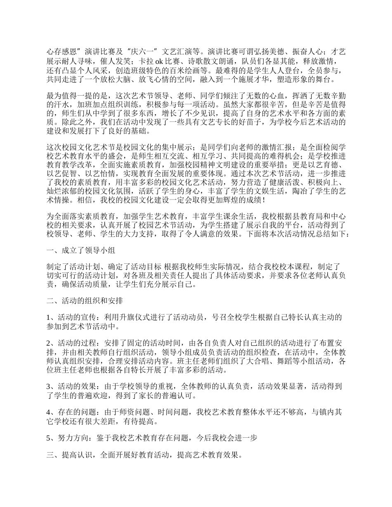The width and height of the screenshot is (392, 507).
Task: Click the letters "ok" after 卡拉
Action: [x=159, y=61]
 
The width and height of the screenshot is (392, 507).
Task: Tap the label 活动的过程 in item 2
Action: [x=73, y=343]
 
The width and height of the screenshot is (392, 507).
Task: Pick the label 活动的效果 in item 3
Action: [x=73, y=387]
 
